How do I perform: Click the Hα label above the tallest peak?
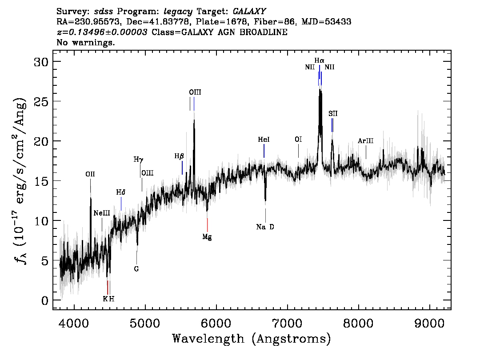(x=319, y=60)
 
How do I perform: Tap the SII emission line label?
(x=333, y=114)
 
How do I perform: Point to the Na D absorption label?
(x=265, y=227)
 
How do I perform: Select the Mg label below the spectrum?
(x=207, y=237)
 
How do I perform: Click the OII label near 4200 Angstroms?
(x=90, y=174)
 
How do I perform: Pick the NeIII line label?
(x=102, y=213)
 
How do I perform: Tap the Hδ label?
(x=121, y=192)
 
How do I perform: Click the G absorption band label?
(x=136, y=269)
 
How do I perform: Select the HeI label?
(x=264, y=140)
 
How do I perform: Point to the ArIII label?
(x=366, y=141)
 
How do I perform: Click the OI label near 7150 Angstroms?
(x=298, y=140)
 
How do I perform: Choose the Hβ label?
(x=179, y=156)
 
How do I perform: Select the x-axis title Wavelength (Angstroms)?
(x=252, y=339)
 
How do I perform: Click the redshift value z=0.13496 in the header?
(x=102, y=32)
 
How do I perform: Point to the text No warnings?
(x=86, y=43)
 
